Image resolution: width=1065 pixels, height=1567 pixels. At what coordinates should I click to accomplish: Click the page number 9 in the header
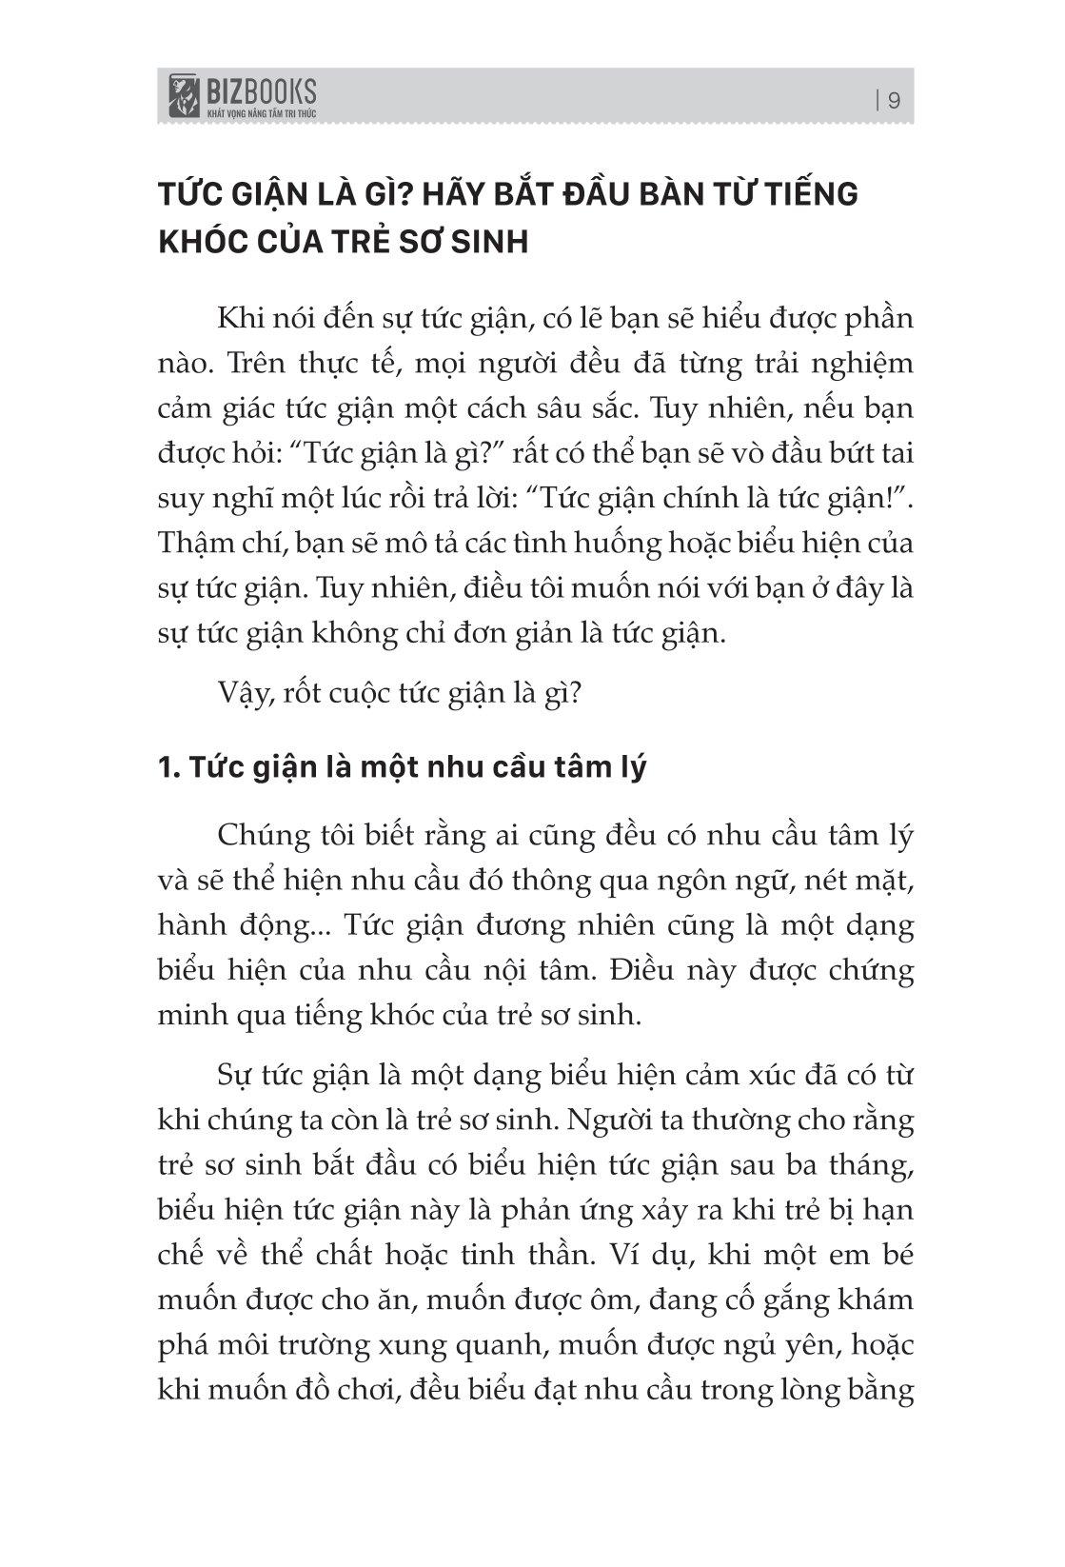(894, 100)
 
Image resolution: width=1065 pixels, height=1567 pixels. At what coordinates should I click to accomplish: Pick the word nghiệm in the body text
(866, 363)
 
